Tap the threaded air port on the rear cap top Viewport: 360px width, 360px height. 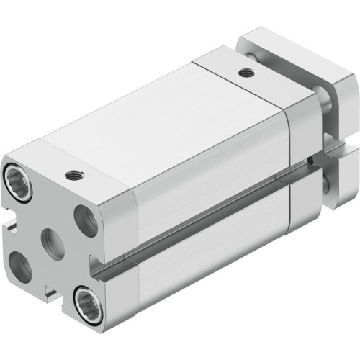tap(248, 72)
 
